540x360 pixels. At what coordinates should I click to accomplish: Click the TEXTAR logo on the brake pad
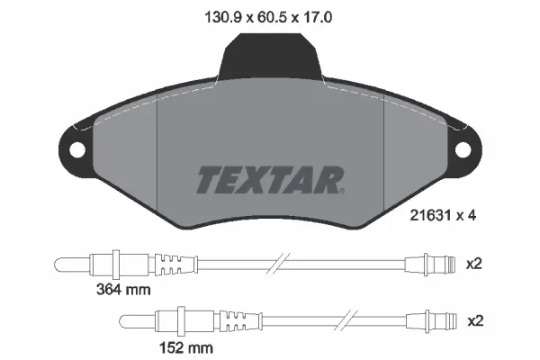point(269,180)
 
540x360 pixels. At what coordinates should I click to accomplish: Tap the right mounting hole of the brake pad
point(464,150)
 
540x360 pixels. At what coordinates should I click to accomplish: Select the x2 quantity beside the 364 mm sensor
point(474,264)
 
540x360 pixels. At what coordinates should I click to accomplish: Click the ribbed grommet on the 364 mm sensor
point(176,264)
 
